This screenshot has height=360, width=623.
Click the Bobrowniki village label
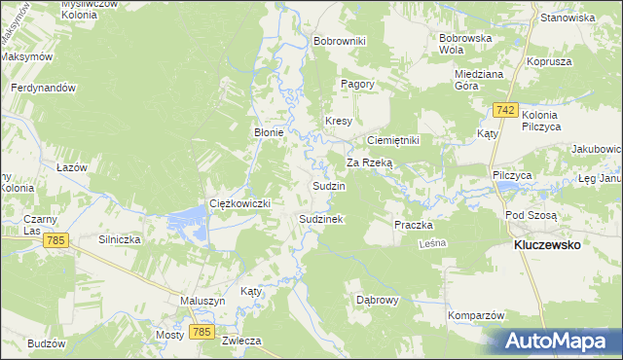click(x=339, y=42)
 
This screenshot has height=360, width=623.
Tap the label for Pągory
click(x=357, y=85)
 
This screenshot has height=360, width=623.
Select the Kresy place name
click(x=338, y=121)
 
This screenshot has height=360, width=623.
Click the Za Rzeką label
click(x=369, y=162)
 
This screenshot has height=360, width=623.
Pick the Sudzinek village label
click(x=320, y=220)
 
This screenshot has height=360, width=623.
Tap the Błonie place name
click(x=269, y=133)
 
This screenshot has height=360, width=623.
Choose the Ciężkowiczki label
click(x=239, y=203)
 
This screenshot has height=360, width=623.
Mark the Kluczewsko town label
click(x=546, y=246)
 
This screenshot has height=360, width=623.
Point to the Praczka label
click(x=413, y=225)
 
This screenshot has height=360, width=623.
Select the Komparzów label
click(x=475, y=316)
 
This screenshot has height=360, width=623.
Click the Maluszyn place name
click(x=202, y=302)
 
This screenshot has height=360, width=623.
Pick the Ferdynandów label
click(x=43, y=89)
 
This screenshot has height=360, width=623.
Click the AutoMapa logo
click(x=556, y=341)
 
